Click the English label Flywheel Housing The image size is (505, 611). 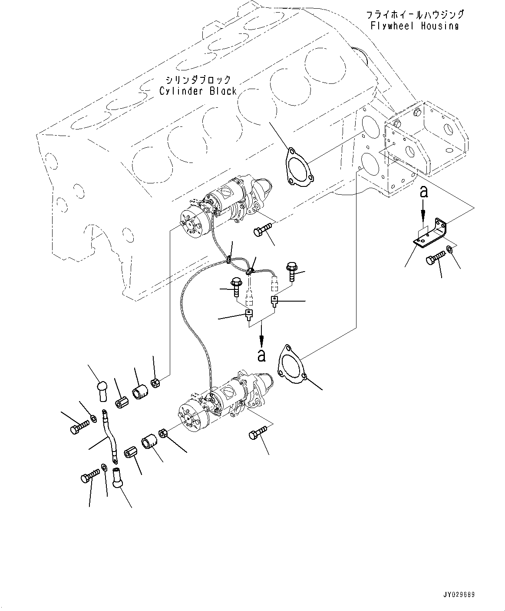click(x=415, y=26)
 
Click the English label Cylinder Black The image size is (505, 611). click(x=198, y=91)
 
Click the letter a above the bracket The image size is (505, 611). click(x=424, y=191)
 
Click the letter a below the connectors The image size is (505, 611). click(x=261, y=355)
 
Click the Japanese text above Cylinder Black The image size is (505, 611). click(x=198, y=80)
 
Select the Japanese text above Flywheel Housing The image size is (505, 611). click(x=415, y=15)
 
